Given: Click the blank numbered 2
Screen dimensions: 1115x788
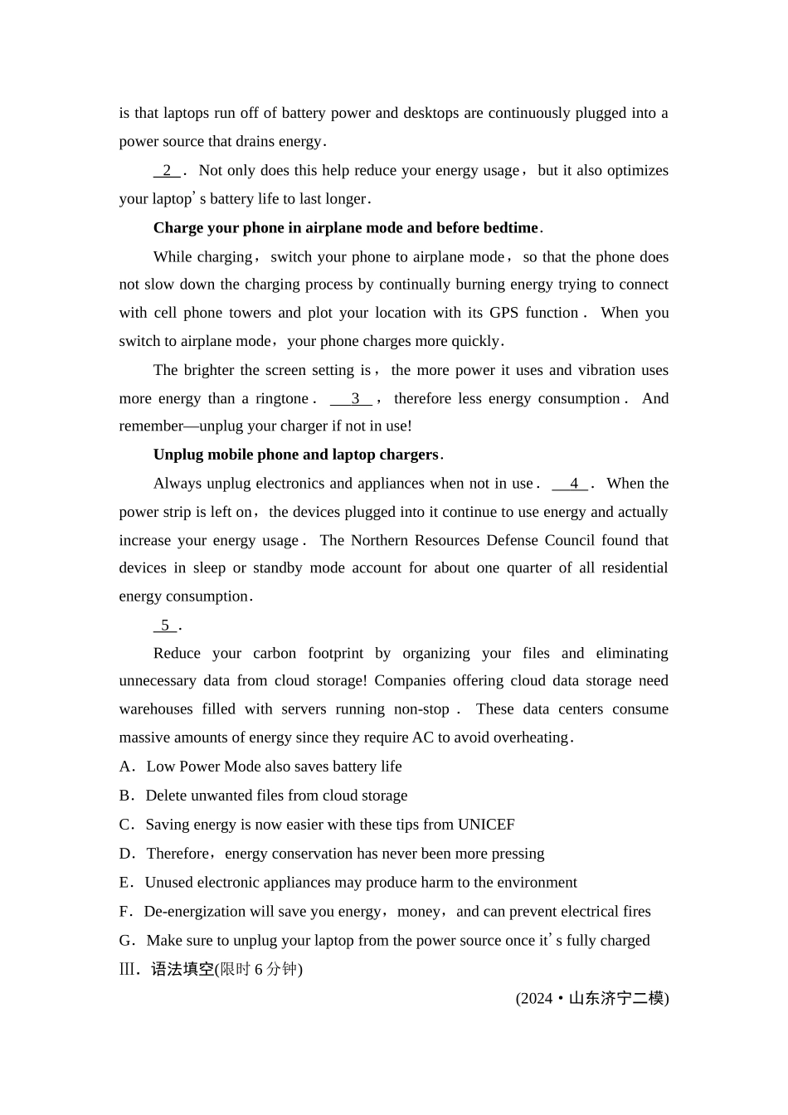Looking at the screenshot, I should tap(167, 171).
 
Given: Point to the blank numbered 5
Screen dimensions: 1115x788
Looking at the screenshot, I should tap(165, 626).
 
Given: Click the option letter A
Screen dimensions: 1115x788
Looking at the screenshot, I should tap(126, 767).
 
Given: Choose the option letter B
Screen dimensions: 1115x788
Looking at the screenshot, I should tap(126, 796).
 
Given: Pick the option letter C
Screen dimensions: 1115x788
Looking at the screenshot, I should tap(126, 825).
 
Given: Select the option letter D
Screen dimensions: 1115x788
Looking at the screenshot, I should tap(126, 854).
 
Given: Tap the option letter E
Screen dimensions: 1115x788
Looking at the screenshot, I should tap(125, 883).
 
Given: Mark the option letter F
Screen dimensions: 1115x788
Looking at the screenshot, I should tap(124, 912).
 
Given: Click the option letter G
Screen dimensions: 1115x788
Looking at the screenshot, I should tap(126, 941).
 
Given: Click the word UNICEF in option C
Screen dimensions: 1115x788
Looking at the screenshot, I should tap(486, 825).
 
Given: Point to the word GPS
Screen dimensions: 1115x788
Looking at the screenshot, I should tap(504, 313).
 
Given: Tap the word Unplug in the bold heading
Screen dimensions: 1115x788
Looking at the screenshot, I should tap(178, 455).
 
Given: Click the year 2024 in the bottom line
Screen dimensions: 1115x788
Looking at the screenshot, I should tap(536, 999).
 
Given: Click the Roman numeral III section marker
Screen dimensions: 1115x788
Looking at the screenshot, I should tap(129, 970).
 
